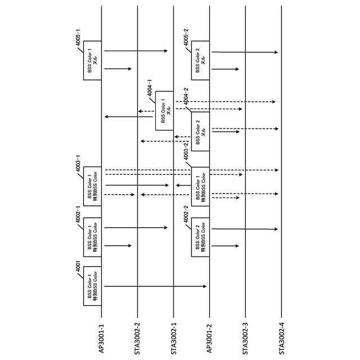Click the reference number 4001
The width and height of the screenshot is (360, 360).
point(78,269)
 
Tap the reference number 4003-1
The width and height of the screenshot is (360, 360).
point(78,166)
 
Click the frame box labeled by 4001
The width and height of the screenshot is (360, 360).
point(92,286)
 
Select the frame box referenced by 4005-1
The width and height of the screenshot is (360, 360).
point(92,60)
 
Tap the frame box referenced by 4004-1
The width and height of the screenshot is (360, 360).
point(164,111)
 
